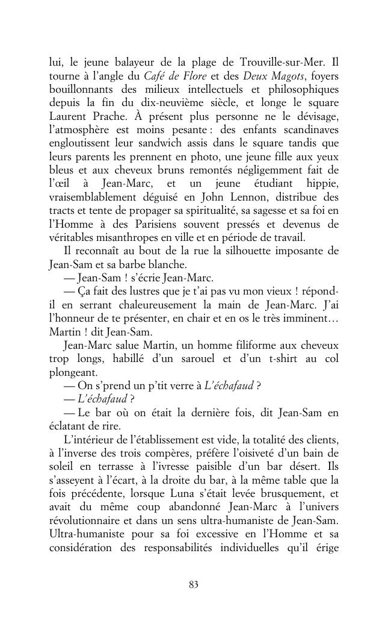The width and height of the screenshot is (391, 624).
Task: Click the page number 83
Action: [x=194, y=584]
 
